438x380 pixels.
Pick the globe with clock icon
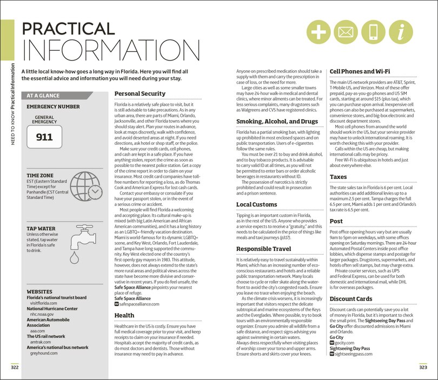click(86, 187)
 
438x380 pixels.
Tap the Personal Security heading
click(140, 94)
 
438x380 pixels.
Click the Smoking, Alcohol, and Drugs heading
click(277, 122)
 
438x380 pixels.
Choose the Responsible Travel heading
click(264, 249)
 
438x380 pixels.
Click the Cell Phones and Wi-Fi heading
click(360, 71)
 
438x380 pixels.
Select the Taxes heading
click(339, 177)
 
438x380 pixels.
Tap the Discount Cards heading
click(351, 299)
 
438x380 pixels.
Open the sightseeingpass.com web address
click(354, 354)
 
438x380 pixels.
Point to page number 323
click(423, 368)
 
